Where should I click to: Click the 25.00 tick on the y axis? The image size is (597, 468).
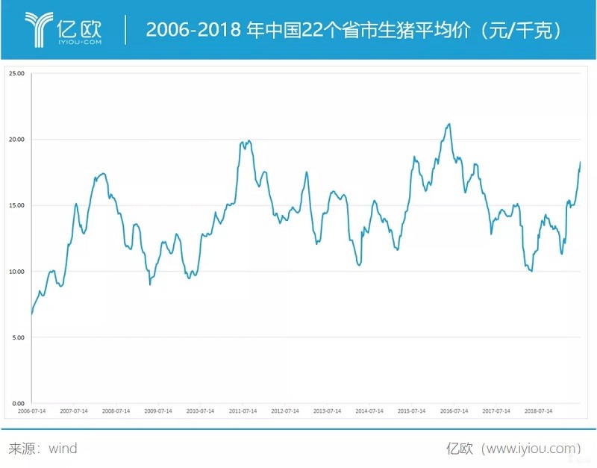pos(16,73)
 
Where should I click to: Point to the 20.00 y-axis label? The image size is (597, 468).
pos(16,140)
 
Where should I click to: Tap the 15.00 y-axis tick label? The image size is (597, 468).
pos(16,205)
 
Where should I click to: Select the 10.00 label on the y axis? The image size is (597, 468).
pos(16,272)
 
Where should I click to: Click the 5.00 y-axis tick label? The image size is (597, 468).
pos(17,337)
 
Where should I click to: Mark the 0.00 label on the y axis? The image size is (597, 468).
pos(17,403)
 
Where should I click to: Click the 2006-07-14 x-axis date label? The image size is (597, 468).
pos(32,411)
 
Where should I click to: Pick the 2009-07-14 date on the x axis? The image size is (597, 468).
pos(159,411)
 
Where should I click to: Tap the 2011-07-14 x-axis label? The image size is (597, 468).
pos(243,411)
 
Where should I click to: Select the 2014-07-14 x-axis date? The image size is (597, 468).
pos(370,411)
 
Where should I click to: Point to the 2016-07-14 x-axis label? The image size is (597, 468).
pos(454,411)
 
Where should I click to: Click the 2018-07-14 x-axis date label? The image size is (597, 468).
pos(539,411)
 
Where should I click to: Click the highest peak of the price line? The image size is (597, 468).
pos(448,124)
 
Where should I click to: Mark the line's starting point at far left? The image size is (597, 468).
pos(31,314)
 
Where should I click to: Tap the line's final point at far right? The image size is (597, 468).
pos(580,163)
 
